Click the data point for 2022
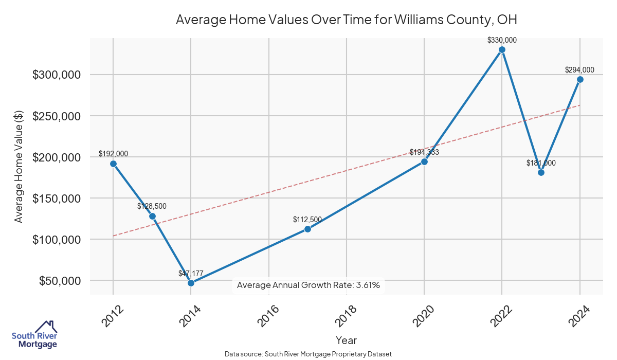click(502, 50)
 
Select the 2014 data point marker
click(191, 283)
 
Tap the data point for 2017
click(307, 229)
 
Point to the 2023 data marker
click(541, 172)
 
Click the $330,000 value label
click(502, 40)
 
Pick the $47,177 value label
click(191, 273)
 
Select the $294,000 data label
click(579, 70)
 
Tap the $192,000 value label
click(113, 154)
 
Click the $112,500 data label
click(307, 220)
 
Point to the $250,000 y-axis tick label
click(57, 116)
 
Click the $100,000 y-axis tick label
click(57, 240)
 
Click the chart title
click(346, 20)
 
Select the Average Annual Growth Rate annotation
click(308, 285)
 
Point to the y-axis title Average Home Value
click(19, 166)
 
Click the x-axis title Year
click(346, 340)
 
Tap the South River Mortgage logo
click(34, 335)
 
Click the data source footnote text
click(308, 354)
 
